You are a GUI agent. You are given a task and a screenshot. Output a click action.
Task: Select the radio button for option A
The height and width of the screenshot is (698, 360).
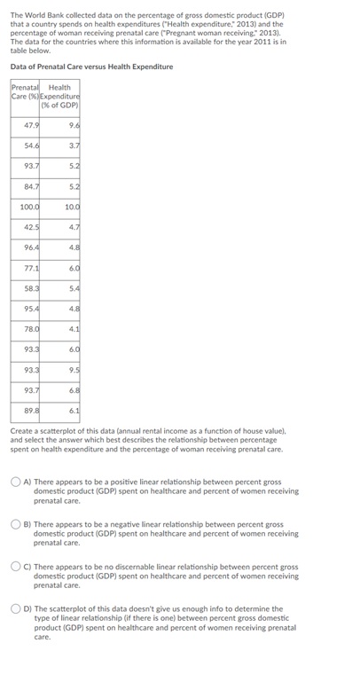[x=16, y=482]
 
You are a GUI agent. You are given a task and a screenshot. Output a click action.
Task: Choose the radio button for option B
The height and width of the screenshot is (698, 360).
[x=16, y=525]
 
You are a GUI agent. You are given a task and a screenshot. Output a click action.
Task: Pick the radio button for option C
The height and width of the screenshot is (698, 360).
[x=16, y=567]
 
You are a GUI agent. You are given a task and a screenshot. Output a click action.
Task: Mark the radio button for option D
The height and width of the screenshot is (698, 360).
[x=16, y=609]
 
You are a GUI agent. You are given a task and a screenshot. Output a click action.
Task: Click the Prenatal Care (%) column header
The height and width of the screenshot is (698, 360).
[x=25, y=91]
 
